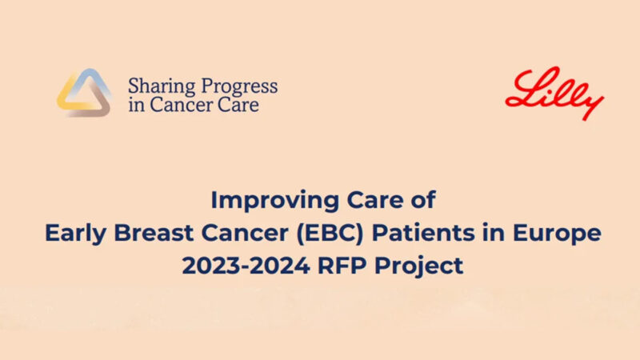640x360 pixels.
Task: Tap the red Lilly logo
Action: [554, 94]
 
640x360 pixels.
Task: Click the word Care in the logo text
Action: [238, 105]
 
